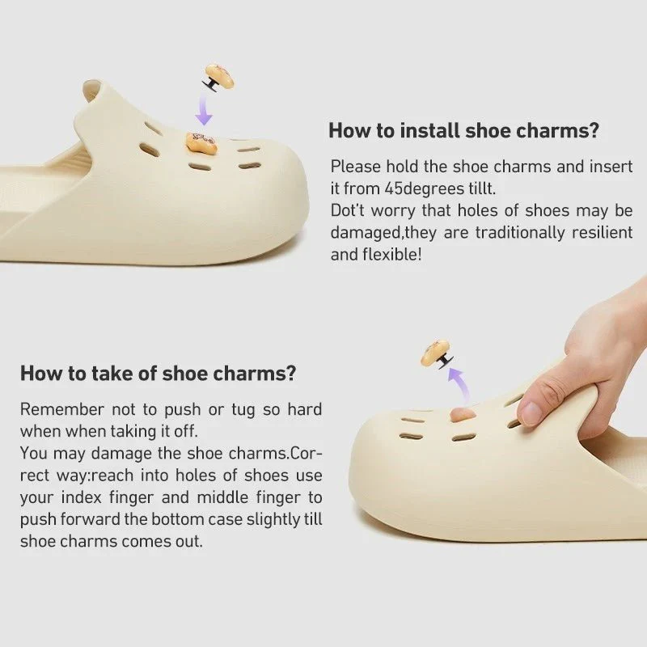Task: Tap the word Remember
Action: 61,409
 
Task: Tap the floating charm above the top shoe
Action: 219,78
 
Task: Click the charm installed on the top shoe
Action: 201,143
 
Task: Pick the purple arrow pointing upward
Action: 459,379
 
